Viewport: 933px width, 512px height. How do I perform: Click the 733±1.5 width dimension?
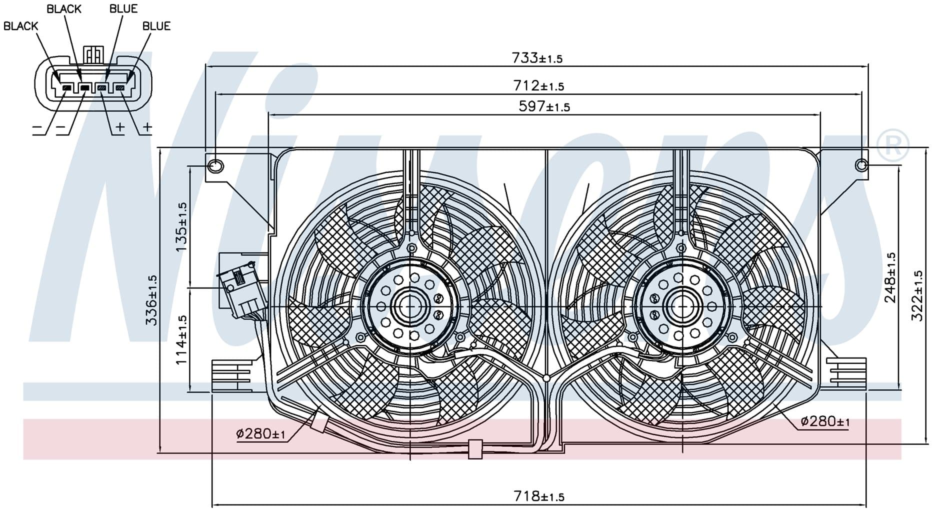[537, 58]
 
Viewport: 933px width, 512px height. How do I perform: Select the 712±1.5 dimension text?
[538, 86]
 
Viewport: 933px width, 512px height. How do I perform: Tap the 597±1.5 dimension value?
[544, 106]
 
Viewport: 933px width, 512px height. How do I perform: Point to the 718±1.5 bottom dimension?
[539, 496]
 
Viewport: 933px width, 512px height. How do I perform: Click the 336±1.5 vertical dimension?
[151, 300]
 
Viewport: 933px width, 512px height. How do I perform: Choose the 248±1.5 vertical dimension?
[891, 277]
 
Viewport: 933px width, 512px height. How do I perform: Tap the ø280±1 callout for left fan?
[260, 433]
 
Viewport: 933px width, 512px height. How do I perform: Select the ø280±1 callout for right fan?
[825, 421]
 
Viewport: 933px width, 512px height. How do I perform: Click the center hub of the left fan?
[410, 306]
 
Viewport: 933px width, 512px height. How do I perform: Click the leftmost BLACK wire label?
[20, 26]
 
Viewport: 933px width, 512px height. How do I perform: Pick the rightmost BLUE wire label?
[156, 26]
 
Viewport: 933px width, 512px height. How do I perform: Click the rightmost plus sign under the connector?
[147, 127]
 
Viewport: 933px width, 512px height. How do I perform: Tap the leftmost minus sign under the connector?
[37, 128]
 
